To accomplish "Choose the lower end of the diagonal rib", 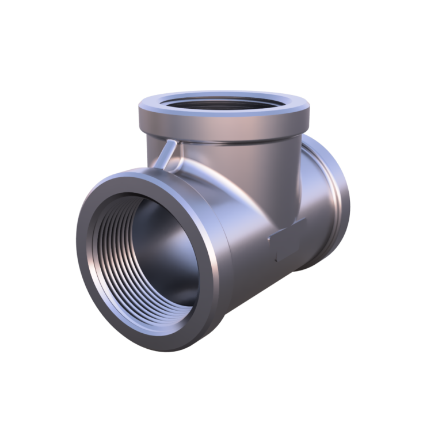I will [158, 167].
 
